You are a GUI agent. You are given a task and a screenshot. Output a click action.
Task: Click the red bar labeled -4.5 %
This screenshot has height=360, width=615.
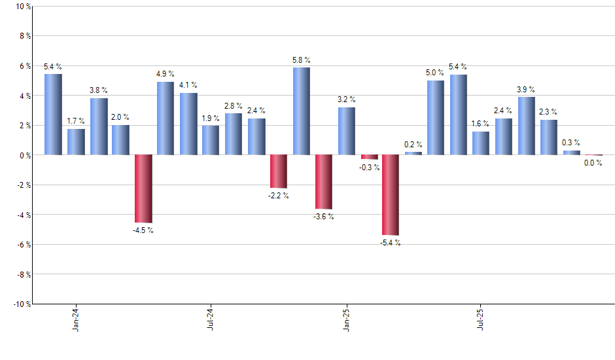tap(143, 189)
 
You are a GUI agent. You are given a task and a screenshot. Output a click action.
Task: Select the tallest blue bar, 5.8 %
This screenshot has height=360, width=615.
tap(302, 111)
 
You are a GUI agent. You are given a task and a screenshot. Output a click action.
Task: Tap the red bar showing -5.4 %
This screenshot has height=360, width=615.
tap(391, 194)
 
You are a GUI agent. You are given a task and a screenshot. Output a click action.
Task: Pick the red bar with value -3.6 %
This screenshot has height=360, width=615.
tap(324, 181)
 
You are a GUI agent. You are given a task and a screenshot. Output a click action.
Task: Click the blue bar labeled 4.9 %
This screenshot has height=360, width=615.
tap(166, 118)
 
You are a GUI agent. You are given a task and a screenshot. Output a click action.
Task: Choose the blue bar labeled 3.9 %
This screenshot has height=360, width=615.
tap(526, 126)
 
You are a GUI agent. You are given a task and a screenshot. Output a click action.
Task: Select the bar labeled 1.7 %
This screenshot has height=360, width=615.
tap(76, 142)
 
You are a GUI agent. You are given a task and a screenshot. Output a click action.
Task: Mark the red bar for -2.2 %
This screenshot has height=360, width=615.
tap(279, 171)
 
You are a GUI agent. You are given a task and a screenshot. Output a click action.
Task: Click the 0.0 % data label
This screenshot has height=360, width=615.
tap(593, 164)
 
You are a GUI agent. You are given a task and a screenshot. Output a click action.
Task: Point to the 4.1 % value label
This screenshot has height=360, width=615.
tap(188, 85)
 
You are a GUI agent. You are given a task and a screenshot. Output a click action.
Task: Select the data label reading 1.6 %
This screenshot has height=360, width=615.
tap(481, 124)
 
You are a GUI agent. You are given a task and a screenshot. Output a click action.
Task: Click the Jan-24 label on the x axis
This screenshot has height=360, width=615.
tap(77, 318)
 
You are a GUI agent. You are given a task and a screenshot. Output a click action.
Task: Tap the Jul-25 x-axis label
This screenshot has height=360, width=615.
tap(481, 318)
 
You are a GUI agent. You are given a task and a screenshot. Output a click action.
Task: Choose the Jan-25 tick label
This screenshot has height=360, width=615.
tap(346, 318)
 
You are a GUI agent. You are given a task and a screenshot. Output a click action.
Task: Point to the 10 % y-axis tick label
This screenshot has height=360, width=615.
tap(23, 7)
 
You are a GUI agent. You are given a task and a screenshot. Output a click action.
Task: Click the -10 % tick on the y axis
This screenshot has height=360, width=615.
tap(22, 304)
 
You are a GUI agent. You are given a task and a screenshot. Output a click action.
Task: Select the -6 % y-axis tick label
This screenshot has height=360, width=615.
tap(23, 244)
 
